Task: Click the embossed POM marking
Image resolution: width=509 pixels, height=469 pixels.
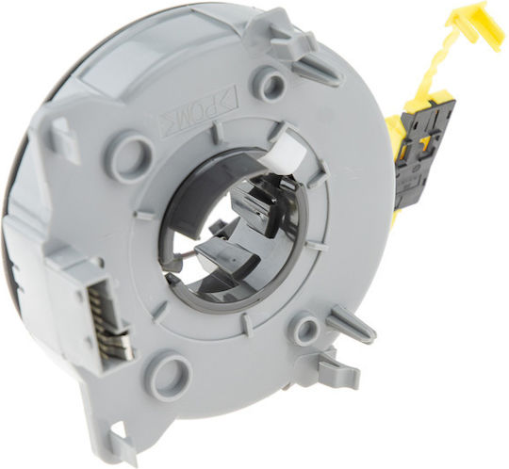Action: [x=198, y=107]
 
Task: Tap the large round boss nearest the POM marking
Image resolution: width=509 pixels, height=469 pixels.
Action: [x=134, y=150]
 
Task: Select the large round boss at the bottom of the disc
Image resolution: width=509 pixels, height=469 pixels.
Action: [x=172, y=369]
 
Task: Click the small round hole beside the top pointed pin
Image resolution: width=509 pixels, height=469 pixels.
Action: [x=271, y=79]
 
